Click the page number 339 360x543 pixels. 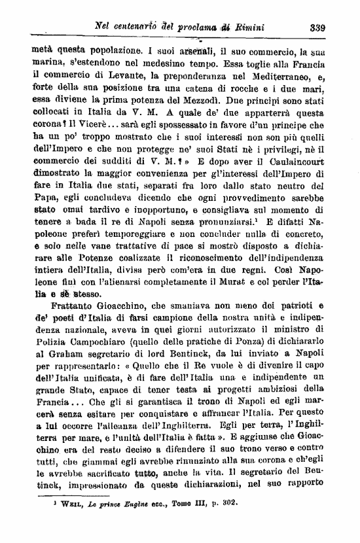pos(318,27)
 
